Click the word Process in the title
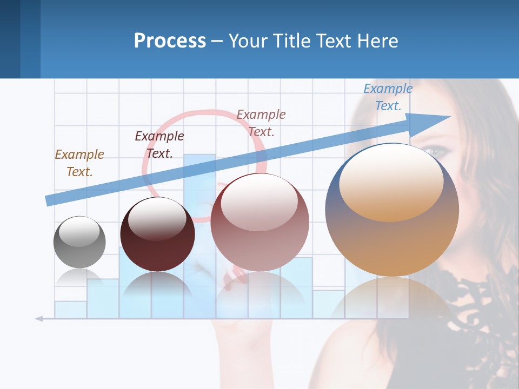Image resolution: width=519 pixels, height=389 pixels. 170,41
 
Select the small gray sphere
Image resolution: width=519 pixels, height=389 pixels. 79,242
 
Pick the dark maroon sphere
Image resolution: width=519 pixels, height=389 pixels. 157,234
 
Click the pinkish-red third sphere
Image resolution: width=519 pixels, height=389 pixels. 260,223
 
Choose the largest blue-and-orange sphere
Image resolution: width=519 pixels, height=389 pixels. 392,211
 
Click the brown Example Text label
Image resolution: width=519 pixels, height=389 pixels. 79,163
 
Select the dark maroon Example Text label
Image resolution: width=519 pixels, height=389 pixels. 159,145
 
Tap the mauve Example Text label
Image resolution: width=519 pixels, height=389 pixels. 261,123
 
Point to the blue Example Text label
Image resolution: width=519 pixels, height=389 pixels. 388,97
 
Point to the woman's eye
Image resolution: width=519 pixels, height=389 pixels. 436,152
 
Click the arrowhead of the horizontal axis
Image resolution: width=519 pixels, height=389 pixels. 38,319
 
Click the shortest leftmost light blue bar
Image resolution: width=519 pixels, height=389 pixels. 70,310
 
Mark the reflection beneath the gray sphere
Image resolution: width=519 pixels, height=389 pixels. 79,278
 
